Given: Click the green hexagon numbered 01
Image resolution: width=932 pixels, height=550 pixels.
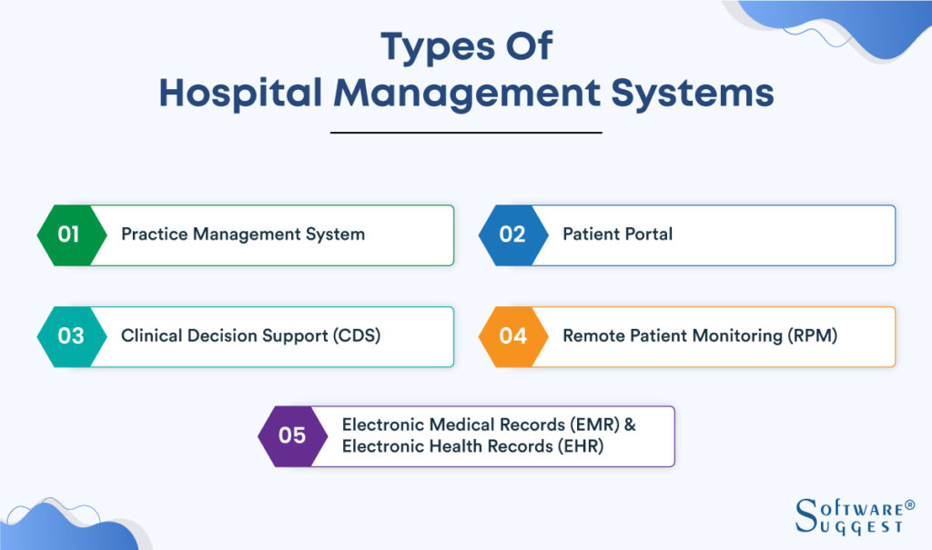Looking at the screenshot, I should click(x=67, y=235).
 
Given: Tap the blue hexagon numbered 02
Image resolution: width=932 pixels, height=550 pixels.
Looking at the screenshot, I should click(x=511, y=235).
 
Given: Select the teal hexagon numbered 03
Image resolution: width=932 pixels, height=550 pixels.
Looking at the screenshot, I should click(x=69, y=335).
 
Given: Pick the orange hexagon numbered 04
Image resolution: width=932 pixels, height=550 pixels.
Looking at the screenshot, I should click(x=512, y=335).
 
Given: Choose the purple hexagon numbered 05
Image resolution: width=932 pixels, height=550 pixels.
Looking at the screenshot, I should click(x=291, y=435).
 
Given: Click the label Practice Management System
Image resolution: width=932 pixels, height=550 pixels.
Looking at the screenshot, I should click(x=243, y=234).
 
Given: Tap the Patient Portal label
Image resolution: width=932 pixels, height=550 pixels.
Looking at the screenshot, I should click(x=617, y=234).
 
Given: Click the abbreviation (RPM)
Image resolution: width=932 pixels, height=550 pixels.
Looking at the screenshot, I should click(x=810, y=335).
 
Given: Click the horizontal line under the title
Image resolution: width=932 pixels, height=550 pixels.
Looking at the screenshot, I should click(x=466, y=133).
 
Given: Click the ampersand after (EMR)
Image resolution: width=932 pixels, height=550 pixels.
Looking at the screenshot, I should click(x=630, y=425).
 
